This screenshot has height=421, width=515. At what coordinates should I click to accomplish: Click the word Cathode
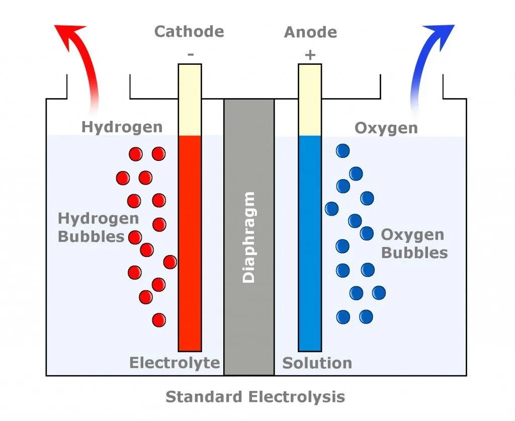pyautogui.click(x=189, y=32)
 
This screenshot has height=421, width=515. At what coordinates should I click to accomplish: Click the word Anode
pyautogui.click(x=310, y=32)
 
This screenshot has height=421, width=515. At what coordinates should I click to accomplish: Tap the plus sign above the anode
pyautogui.click(x=310, y=54)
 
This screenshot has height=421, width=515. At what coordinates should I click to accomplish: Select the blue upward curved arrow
pyautogui.click(x=426, y=60)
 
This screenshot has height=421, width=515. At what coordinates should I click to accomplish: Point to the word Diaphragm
pyautogui.click(x=249, y=237)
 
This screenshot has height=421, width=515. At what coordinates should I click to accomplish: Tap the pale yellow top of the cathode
pyautogui.click(x=190, y=101)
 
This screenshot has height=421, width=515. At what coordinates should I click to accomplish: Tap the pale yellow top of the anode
pyautogui.click(x=310, y=101)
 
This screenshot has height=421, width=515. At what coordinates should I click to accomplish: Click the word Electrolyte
pyautogui.click(x=175, y=363)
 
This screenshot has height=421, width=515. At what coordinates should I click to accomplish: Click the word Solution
pyautogui.click(x=317, y=363)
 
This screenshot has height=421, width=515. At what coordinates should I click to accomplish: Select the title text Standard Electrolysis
pyautogui.click(x=255, y=397)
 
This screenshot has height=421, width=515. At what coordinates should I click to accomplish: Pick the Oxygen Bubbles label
pyautogui.click(x=414, y=243)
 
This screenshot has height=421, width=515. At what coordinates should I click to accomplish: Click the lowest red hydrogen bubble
pyautogui.click(x=159, y=319)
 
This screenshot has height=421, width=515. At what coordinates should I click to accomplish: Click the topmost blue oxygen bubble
pyautogui.click(x=343, y=150)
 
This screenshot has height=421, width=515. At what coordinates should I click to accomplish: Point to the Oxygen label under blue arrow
pyautogui.click(x=386, y=128)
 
